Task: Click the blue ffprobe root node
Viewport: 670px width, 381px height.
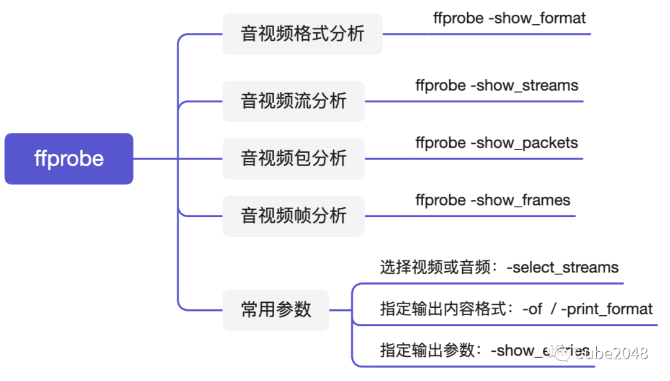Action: (x=69, y=159)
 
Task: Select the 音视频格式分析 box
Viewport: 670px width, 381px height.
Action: (x=302, y=34)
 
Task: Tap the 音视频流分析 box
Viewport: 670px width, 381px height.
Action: (x=293, y=101)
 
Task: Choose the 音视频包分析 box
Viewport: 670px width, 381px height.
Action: (x=293, y=159)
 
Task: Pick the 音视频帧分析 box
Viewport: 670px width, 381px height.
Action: (x=293, y=216)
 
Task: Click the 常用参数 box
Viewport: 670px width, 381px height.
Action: (x=276, y=310)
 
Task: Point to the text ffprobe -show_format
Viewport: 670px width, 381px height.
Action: (x=509, y=19)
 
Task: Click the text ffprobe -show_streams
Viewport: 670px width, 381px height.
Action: (x=497, y=86)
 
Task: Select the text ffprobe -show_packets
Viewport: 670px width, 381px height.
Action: (x=496, y=143)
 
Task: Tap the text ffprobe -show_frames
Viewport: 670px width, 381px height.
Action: (x=493, y=200)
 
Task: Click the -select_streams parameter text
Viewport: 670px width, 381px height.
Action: (x=563, y=268)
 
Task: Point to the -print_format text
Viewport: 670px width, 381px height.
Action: (x=607, y=309)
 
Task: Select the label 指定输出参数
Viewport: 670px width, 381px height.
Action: (x=427, y=351)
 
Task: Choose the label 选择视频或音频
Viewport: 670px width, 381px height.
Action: (x=437, y=268)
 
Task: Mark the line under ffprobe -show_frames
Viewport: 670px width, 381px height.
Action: (x=471, y=216)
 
